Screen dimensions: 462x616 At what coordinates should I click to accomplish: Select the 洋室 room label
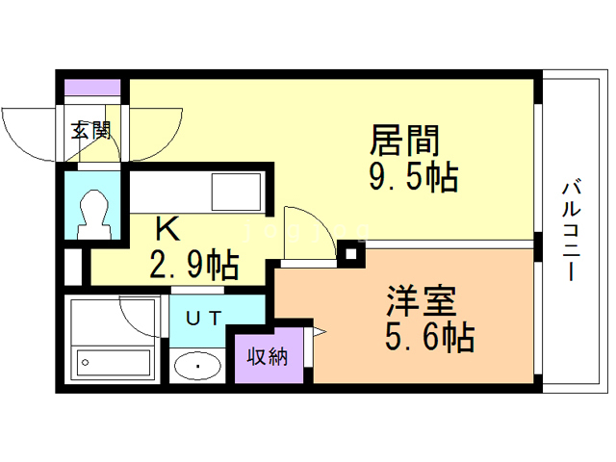coord(421,301)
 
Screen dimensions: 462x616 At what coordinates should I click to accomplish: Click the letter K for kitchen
coord(167,229)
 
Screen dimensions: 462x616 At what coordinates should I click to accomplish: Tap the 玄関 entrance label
coord(92,129)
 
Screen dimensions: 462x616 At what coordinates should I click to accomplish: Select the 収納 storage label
coord(268,355)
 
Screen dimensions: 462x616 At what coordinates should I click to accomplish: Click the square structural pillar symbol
coord(351,254)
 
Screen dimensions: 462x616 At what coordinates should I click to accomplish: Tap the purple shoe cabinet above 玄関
coord(92,88)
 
